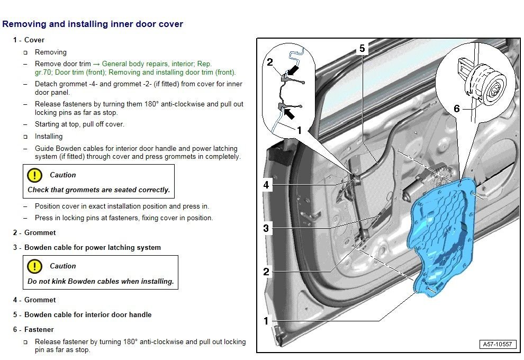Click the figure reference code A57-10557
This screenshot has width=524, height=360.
tap(497, 344)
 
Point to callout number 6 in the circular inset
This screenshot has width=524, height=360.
tap(456, 109)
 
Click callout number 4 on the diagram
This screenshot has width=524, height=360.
tap(266, 185)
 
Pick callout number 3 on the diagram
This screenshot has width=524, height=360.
tap(266, 229)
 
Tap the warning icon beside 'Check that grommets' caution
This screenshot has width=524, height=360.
tap(34, 175)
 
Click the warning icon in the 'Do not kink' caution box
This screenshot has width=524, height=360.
tap(34, 266)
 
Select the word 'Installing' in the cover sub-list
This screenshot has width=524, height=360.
tap(49, 136)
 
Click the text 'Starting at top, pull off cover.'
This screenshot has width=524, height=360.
tap(79, 124)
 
